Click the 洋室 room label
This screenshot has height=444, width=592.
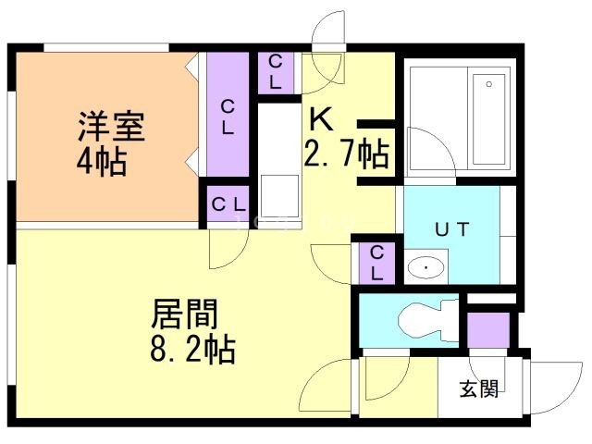click(x=111, y=127)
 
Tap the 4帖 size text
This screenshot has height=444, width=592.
click(x=101, y=162)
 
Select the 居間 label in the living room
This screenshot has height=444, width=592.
click(x=185, y=314)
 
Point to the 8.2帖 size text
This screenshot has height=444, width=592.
click(x=192, y=350)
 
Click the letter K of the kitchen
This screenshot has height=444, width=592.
click(x=321, y=119)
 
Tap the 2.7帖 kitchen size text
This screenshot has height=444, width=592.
click(x=346, y=153)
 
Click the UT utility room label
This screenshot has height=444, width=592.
click(x=452, y=229)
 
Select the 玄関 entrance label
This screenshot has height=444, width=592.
click(x=479, y=388)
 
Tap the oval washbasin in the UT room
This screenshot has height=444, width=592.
click(x=425, y=267)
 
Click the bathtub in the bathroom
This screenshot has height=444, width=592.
click(x=489, y=119)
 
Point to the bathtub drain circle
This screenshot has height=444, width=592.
click(x=489, y=84)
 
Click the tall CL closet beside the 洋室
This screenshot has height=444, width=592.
click(x=228, y=114)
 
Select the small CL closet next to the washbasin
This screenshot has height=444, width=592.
click(x=376, y=263)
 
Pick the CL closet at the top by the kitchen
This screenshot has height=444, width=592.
click(x=276, y=72)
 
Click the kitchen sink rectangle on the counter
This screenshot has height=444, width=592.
click(x=279, y=196)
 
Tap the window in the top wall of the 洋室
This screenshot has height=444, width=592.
click(x=106, y=47)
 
